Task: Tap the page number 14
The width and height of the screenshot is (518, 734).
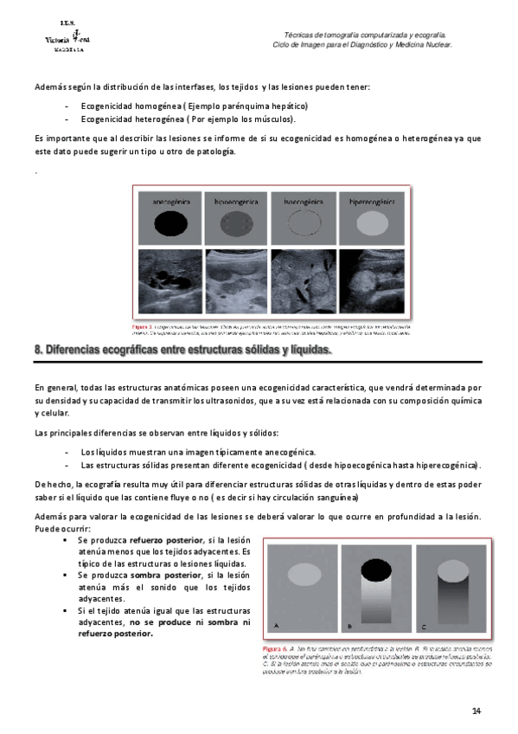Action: pyautogui.click(x=476, y=711)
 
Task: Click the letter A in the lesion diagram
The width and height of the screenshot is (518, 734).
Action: pyautogui.click(x=276, y=624)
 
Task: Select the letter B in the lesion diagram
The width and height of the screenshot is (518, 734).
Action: pyautogui.click(x=349, y=624)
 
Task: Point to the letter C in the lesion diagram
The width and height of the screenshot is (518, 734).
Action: pyautogui.click(x=423, y=624)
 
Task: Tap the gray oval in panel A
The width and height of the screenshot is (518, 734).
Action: pyautogui.click(x=303, y=572)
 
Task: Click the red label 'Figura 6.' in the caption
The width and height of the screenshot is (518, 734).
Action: pyautogui.click(x=277, y=647)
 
